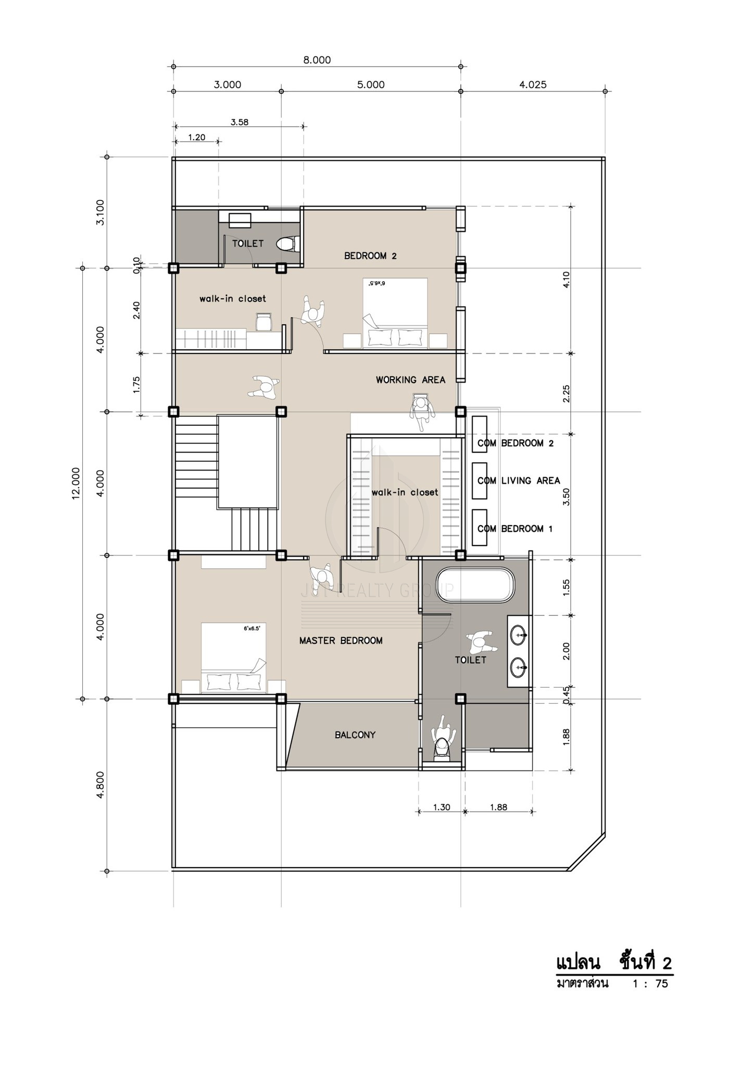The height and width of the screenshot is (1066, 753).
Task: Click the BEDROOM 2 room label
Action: pos(370,256)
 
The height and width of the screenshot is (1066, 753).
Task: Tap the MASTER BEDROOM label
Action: pos(341,641)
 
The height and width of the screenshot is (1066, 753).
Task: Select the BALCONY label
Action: pos(355,735)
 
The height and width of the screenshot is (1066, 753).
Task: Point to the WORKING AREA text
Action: pos(410,380)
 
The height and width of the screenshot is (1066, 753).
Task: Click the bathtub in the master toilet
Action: pos(474,586)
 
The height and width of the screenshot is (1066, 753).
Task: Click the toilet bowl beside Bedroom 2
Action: pos(287,244)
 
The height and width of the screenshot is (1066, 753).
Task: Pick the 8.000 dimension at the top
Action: pos(317,60)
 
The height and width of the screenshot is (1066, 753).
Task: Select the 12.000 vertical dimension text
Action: pos(76,484)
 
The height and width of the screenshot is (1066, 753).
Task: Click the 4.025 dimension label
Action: pos(533,84)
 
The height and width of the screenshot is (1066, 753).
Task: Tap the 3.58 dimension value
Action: pos(240,122)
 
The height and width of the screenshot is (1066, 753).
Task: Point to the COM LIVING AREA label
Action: pos(519,481)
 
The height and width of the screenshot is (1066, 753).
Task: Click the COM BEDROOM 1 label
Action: pos(515,529)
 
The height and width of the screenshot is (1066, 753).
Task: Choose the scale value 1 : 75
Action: pos(650,984)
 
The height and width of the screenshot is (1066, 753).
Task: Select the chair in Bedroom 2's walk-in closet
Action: pos(263,322)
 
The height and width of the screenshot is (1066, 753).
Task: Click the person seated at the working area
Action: pos(422,411)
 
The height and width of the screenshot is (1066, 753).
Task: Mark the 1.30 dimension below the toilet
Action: pos(442,807)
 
